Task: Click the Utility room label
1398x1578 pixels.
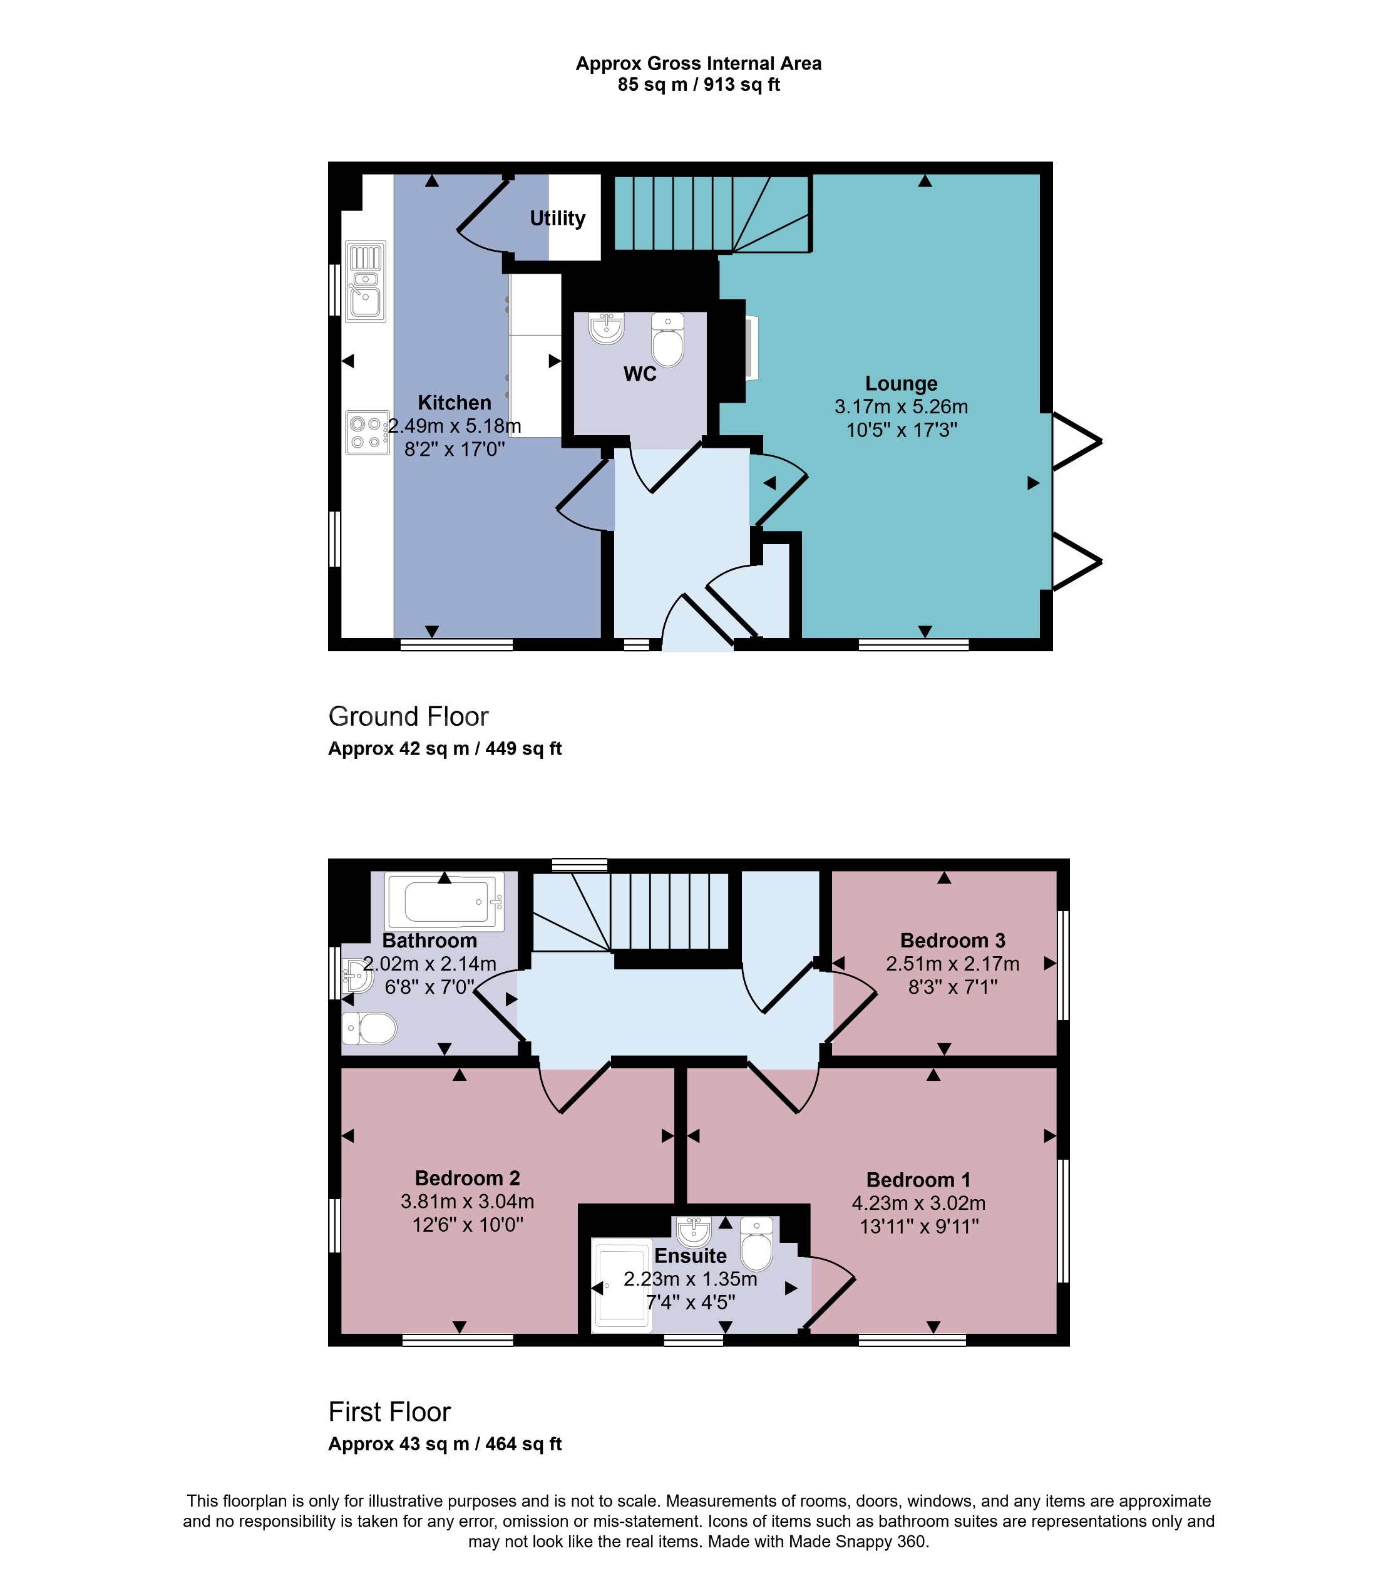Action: click(x=557, y=219)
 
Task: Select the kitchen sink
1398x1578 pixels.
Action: click(x=365, y=281)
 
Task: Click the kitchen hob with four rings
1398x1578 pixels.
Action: click(x=367, y=432)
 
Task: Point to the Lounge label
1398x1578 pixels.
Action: click(x=901, y=384)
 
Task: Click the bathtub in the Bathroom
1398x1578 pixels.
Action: click(x=445, y=902)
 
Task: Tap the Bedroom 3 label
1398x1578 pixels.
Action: click(x=953, y=941)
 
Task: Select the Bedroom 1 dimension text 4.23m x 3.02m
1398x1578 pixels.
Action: click(x=918, y=1203)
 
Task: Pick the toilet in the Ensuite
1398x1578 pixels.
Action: click(x=756, y=1244)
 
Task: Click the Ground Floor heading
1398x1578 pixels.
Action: click(x=408, y=716)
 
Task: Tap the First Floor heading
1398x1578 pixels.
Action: click(x=389, y=1412)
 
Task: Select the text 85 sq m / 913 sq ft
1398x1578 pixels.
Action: click(x=699, y=85)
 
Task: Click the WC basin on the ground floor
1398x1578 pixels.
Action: click(x=607, y=327)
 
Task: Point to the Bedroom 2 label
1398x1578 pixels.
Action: click(x=467, y=1178)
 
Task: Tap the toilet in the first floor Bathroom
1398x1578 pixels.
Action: click(x=371, y=1028)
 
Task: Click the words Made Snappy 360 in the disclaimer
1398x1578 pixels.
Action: click(x=857, y=1542)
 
